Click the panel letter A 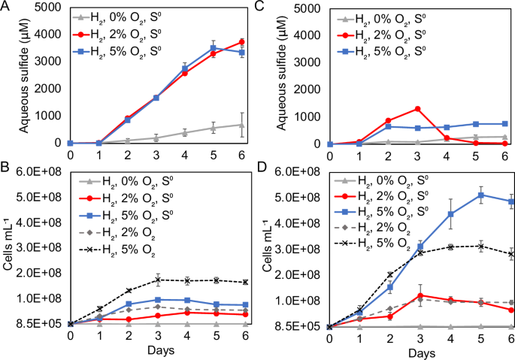tap(7, 7)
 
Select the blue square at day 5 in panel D tap(480, 195)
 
